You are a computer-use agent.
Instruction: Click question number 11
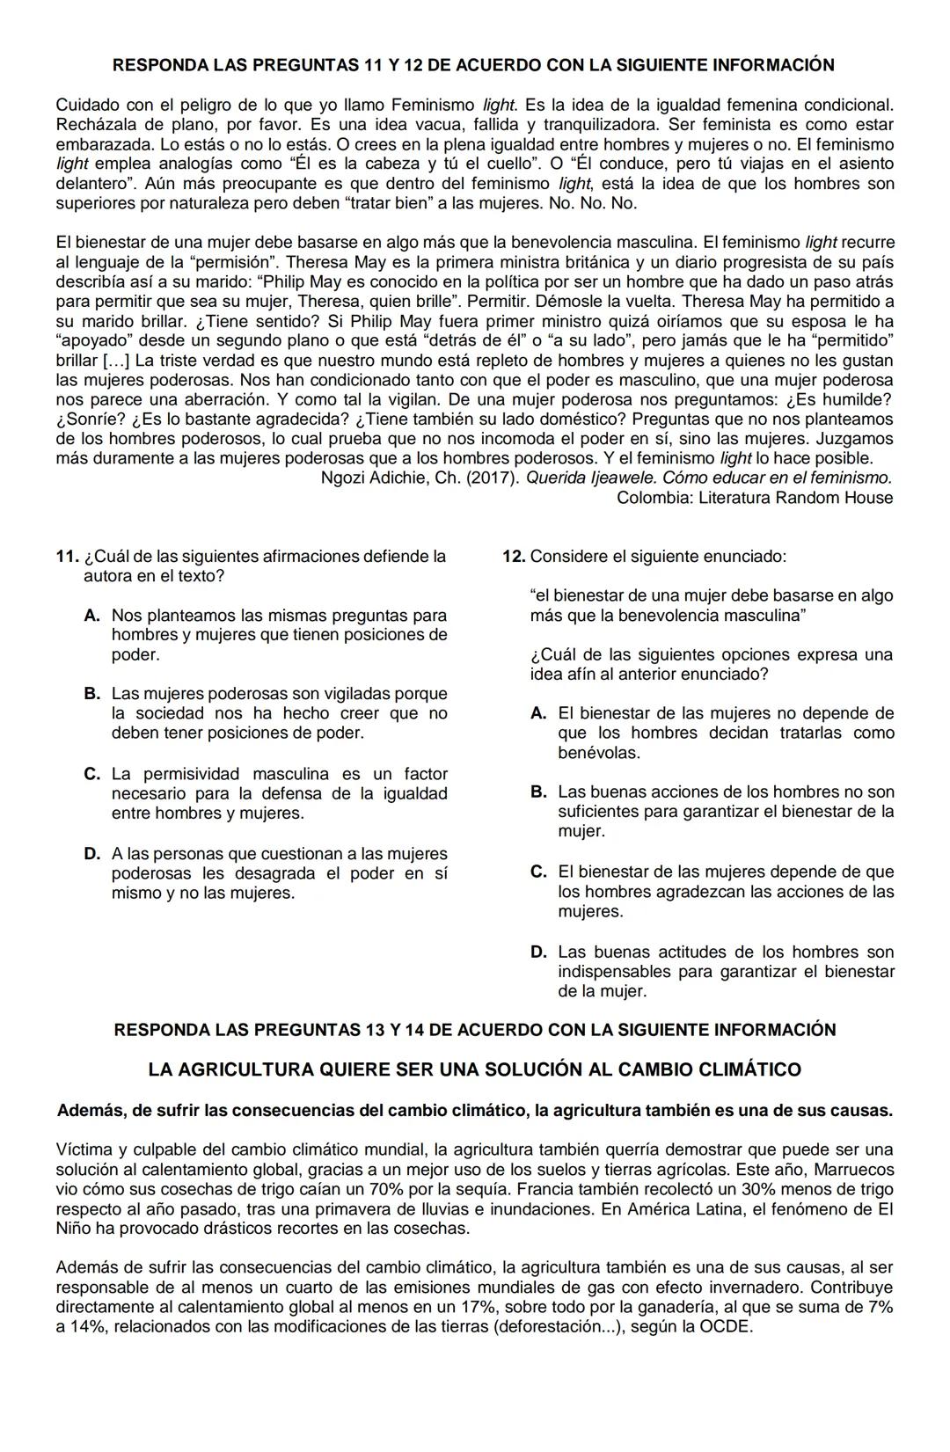point(67,557)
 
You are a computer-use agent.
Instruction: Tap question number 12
point(514,557)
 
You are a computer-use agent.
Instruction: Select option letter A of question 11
point(91,616)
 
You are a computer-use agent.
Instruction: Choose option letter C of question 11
point(91,775)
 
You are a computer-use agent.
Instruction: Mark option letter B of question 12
point(538,792)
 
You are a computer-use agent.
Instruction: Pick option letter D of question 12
point(538,952)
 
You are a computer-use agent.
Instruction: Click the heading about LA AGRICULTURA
point(475,1070)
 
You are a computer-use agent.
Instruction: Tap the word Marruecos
point(854,1170)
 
